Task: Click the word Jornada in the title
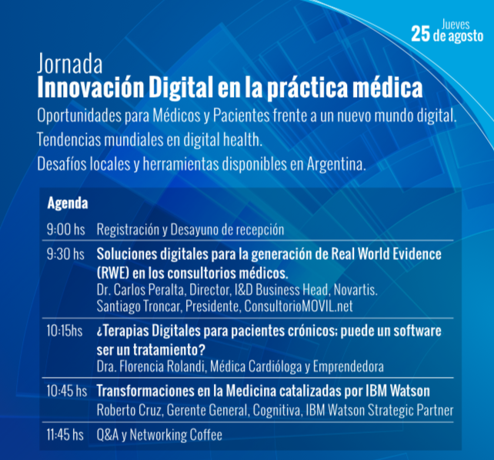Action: pos(70,64)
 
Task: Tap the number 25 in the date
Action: pos(420,35)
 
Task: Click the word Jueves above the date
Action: pos(456,25)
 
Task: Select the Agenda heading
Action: pos(68,204)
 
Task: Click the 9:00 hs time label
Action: pos(66,229)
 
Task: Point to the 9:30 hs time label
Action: pos(65,254)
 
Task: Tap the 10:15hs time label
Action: pos(65,331)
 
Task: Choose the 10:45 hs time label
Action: pos(66,391)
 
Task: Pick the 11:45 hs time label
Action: pos(65,435)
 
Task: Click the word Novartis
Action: pos(355,290)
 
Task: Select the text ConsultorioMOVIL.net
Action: pos(299,306)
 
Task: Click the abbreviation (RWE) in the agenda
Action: pos(113,273)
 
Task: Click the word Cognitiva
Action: pos(277,410)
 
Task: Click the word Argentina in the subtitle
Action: pos(336,164)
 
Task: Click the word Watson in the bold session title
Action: pos(410,391)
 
